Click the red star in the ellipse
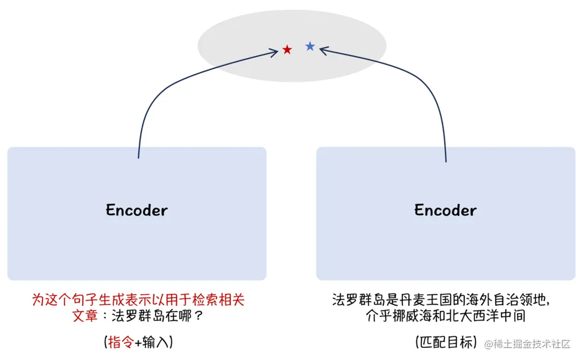(x=287, y=50)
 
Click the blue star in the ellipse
(x=310, y=47)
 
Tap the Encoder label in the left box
(x=137, y=210)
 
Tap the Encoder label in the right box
(x=445, y=210)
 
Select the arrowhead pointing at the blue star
(x=323, y=50)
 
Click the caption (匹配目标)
(x=446, y=342)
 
